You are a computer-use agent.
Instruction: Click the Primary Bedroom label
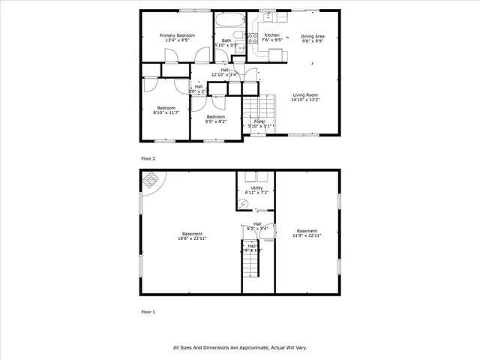point(177,35)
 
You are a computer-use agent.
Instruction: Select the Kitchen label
point(271,35)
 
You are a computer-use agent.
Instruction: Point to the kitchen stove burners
point(253,37)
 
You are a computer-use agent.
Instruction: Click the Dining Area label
point(313,36)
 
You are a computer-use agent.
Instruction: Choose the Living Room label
point(306,94)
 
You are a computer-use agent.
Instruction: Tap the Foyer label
point(259,121)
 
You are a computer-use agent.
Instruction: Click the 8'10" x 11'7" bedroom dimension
point(166,113)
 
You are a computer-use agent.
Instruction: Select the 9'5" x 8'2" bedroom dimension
point(216,121)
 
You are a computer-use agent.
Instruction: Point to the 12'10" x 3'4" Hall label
point(224,74)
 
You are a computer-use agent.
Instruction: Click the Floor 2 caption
point(148,159)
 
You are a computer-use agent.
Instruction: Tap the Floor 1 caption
point(148,311)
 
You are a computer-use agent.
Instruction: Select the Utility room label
point(256,189)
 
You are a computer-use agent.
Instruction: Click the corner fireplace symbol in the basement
point(151,180)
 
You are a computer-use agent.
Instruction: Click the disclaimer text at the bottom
point(240,347)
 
